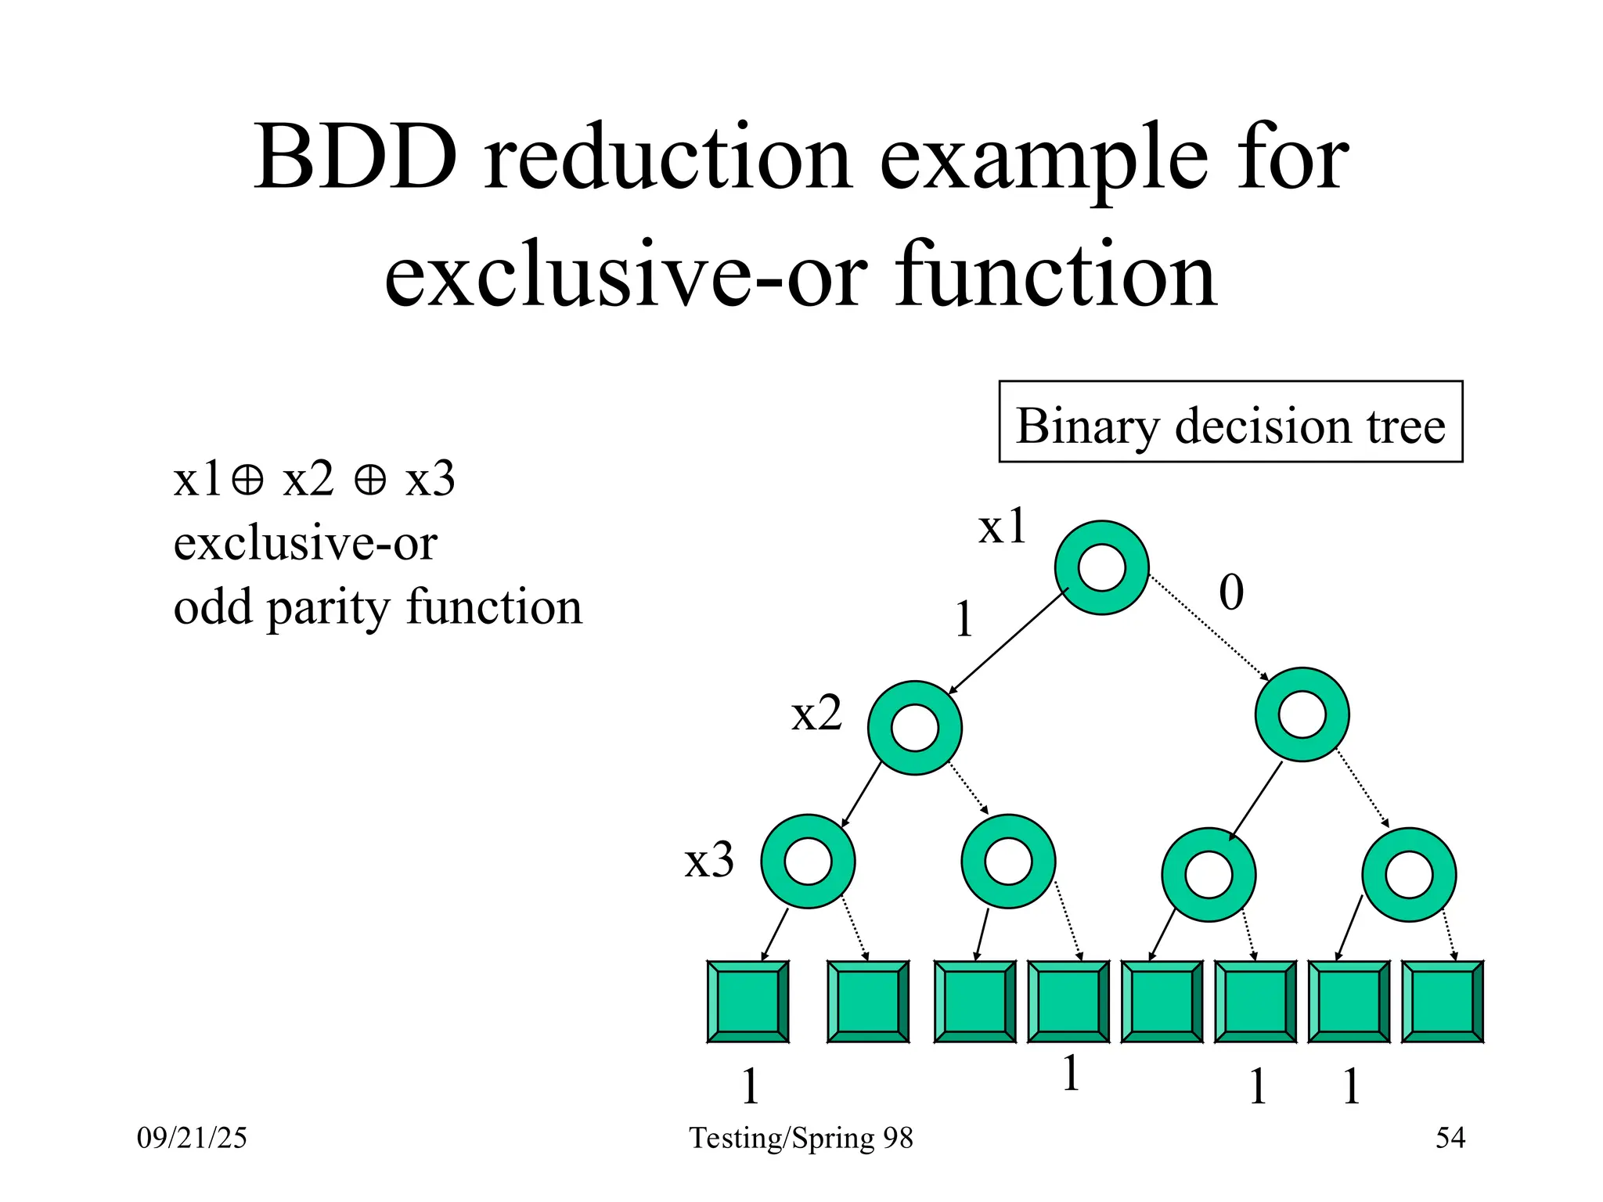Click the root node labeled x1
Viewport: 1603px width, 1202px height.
[1101, 567]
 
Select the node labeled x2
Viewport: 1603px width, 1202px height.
[914, 728]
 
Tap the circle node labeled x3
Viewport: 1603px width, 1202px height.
[808, 861]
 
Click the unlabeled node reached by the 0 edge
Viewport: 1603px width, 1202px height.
[1302, 714]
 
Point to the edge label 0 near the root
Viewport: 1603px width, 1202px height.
[1230, 592]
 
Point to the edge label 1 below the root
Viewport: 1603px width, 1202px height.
[964, 620]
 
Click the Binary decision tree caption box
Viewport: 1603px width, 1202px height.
[1230, 423]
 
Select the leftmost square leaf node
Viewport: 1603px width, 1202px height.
[747, 1002]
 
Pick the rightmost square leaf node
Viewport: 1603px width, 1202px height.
[1442, 1002]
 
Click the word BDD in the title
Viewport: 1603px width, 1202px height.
[356, 158]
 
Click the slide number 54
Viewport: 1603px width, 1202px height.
[1450, 1137]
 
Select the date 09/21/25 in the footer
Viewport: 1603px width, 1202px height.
[192, 1137]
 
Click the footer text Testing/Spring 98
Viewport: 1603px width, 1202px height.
[801, 1137]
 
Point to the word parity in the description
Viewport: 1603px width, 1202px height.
[328, 608]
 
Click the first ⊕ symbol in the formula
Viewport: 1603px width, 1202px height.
[247, 480]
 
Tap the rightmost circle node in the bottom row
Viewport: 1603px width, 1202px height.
[1409, 874]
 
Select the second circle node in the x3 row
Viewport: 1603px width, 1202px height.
[1008, 861]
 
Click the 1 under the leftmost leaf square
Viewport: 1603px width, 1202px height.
[750, 1086]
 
